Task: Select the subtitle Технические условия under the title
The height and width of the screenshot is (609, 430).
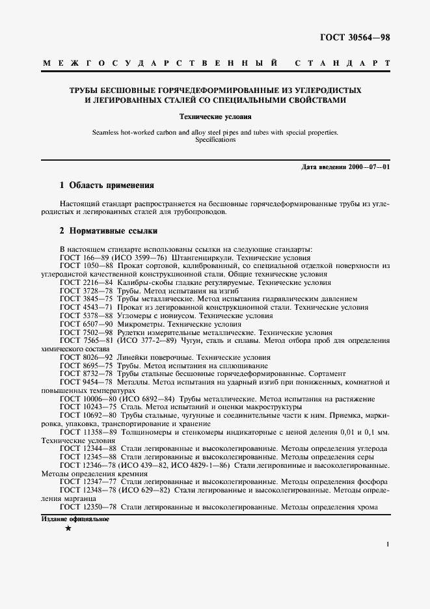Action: click(x=215, y=117)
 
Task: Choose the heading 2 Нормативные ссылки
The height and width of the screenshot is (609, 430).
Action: click(x=108, y=231)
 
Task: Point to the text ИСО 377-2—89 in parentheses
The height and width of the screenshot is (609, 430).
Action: click(x=146, y=340)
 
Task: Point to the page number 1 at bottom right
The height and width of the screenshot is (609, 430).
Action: click(x=387, y=544)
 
